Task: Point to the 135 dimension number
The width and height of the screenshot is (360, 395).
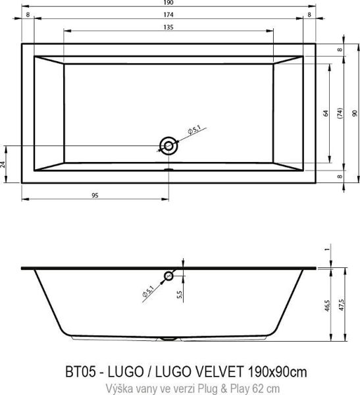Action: point(168,26)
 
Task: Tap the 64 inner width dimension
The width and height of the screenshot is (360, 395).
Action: point(325,113)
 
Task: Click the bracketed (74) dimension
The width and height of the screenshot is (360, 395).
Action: point(340,113)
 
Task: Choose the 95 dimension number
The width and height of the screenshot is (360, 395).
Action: point(95,196)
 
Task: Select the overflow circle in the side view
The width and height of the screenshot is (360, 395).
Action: point(170,276)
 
